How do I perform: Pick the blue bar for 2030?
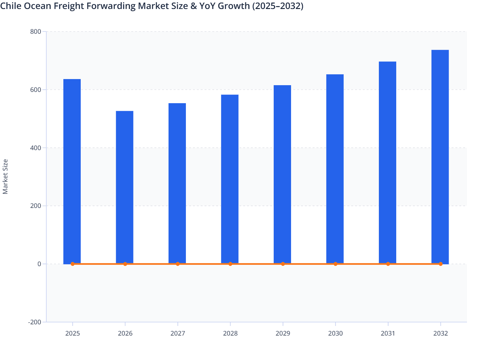click(x=335, y=169)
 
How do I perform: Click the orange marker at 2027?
click(x=178, y=264)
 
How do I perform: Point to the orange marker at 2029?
click(x=283, y=264)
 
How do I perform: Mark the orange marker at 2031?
click(x=388, y=264)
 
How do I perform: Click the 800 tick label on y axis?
click(x=36, y=32)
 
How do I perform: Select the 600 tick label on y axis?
click(x=36, y=90)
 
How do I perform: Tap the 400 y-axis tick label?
click(x=36, y=148)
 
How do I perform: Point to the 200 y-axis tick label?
click(x=36, y=206)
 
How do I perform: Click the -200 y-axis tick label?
click(x=35, y=322)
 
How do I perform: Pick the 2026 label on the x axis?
click(x=125, y=333)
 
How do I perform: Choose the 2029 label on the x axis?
click(x=283, y=333)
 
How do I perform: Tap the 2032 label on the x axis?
click(x=440, y=333)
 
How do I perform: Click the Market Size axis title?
click(x=5, y=176)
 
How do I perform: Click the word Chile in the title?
click(x=9, y=6)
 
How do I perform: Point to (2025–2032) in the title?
click(x=278, y=6)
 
